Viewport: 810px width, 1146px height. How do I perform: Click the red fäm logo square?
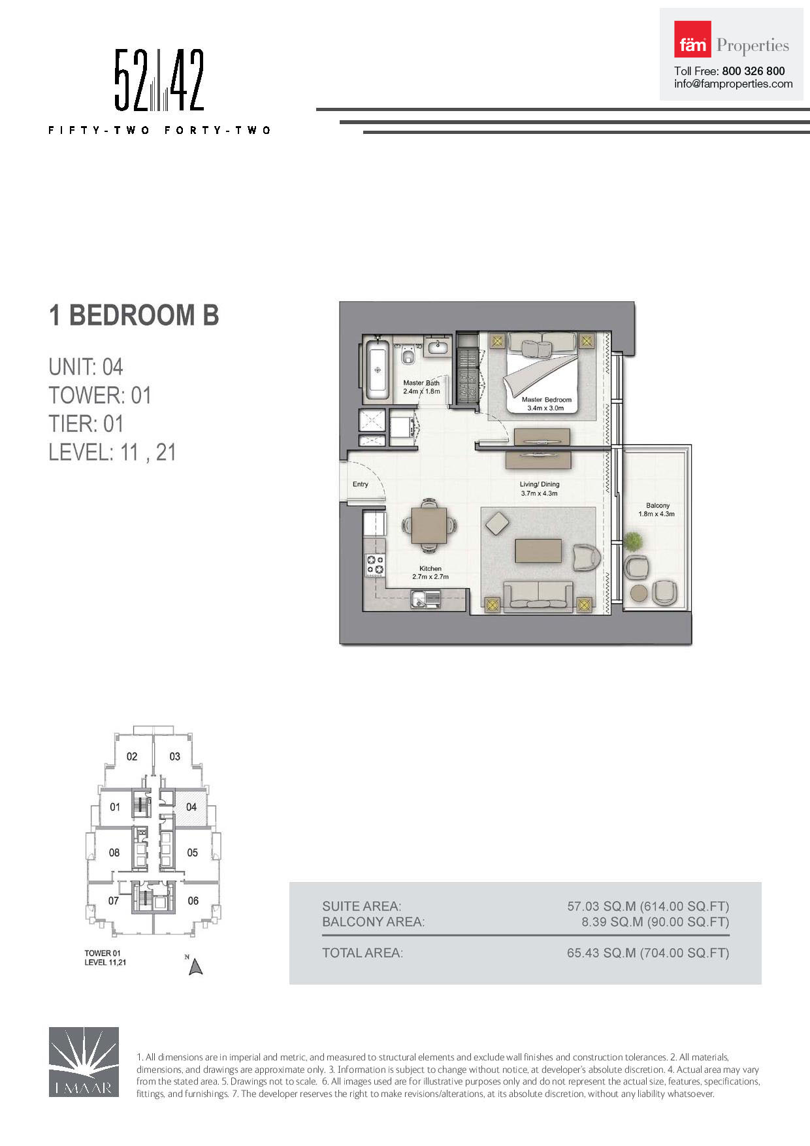click(692, 39)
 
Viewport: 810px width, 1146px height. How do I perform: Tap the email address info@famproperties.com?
click(734, 84)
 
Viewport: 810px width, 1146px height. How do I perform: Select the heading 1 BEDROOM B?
click(134, 315)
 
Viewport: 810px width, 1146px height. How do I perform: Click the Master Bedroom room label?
click(546, 399)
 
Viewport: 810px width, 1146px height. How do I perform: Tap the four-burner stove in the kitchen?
click(375, 565)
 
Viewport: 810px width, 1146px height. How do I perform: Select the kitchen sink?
click(425, 598)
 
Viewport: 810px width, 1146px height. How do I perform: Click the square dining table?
click(429, 525)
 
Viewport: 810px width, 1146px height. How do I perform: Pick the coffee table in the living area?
click(538, 550)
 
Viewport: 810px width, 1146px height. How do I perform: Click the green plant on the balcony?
click(632, 542)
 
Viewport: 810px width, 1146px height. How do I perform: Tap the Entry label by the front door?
click(361, 484)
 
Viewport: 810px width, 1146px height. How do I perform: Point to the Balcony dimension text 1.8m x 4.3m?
click(656, 514)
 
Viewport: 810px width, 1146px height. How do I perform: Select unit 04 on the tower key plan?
click(191, 807)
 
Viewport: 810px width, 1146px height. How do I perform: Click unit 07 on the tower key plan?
click(114, 901)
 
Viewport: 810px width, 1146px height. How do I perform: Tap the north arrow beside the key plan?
click(195, 966)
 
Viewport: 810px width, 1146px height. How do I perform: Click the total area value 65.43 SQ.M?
click(601, 953)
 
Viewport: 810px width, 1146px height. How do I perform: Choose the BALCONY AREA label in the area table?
click(373, 922)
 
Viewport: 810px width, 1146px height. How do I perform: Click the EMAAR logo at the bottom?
click(84, 1062)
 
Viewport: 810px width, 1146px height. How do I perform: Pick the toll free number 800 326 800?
click(753, 71)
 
